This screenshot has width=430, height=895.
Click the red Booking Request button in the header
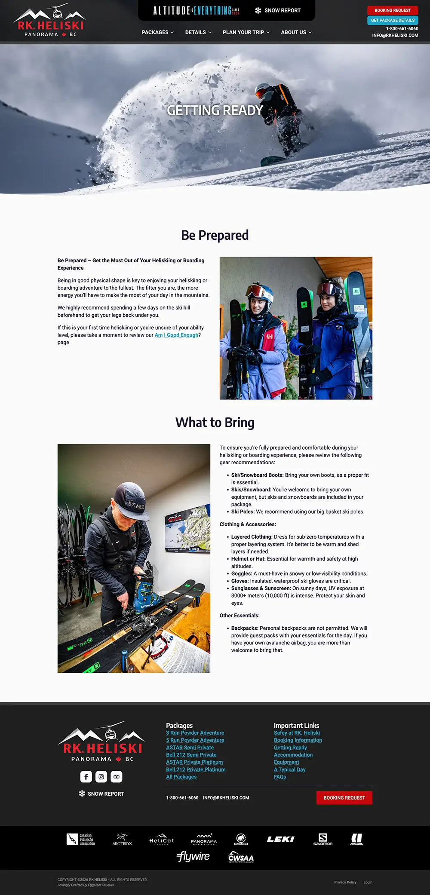coord(392,10)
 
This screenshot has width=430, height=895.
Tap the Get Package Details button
coord(392,20)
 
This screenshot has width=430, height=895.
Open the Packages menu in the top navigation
coord(157,32)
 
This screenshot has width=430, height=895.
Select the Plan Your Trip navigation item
coord(246,32)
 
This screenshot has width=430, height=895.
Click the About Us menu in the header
coord(296,32)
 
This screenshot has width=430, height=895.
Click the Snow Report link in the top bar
coord(278,10)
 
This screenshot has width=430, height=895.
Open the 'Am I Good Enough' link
coord(176,335)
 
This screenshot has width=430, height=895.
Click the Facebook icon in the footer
coord(86,776)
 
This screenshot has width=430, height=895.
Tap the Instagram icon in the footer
coord(101,776)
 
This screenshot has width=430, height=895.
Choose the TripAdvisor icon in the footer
coord(117,776)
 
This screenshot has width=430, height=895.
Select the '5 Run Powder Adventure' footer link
coord(195,740)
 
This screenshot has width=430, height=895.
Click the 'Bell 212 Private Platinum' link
coord(196,769)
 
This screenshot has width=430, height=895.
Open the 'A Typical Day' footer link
coord(289,769)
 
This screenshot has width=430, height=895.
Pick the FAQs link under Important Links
coord(280,777)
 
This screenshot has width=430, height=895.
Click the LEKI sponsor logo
coord(280,839)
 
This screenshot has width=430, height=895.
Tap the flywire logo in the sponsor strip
coord(193,857)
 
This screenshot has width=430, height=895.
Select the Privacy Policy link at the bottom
coord(345,882)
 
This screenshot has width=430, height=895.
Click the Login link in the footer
coord(368,882)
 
